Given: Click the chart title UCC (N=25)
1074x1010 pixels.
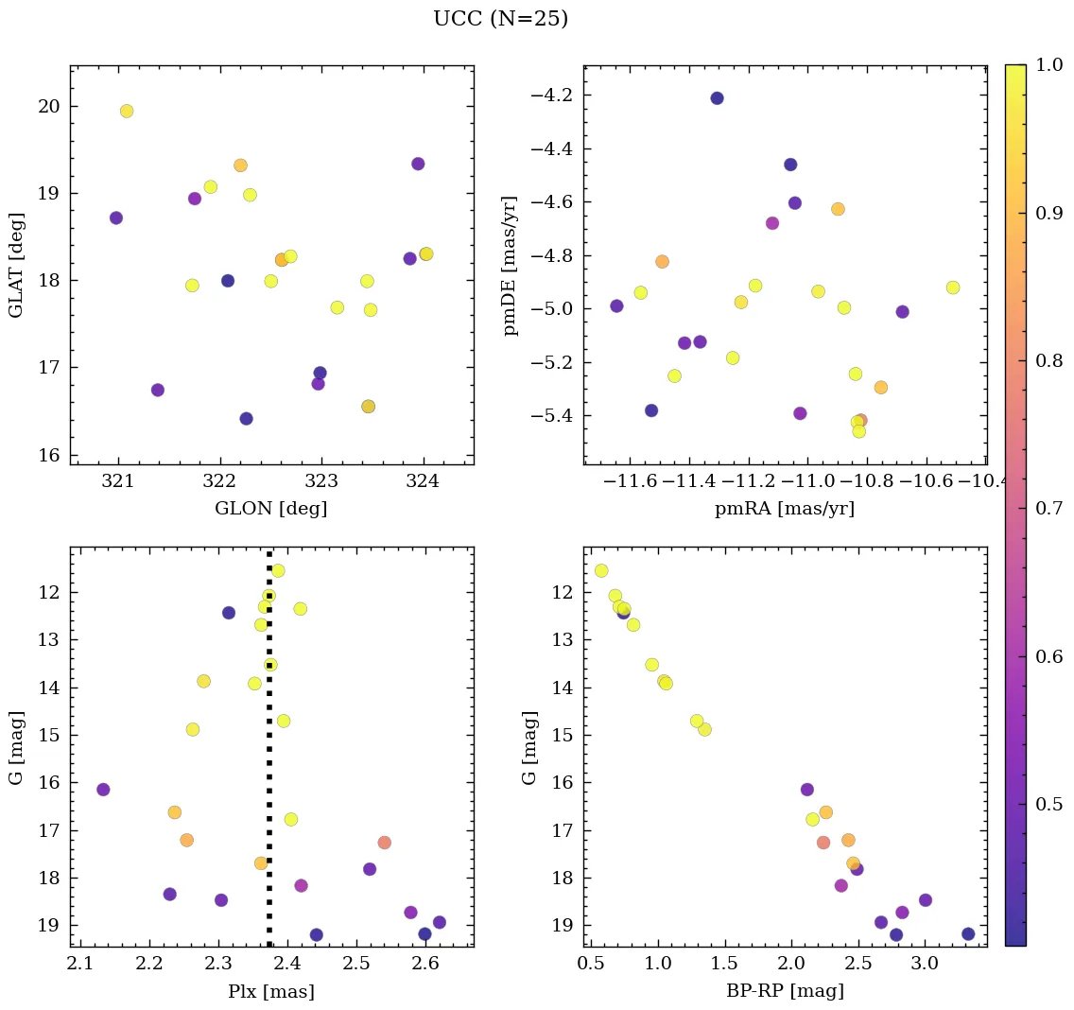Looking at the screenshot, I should click(500, 19).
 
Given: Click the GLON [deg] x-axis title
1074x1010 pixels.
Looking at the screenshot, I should click(271, 509).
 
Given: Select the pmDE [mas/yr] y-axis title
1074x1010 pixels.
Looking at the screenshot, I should click(511, 265).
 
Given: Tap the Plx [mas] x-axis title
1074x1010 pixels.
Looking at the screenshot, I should click(271, 991).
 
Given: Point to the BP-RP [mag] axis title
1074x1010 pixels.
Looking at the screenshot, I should click(785, 991).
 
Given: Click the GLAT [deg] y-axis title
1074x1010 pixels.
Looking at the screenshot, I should click(17, 265).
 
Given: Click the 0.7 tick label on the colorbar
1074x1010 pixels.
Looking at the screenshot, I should click(1047, 509).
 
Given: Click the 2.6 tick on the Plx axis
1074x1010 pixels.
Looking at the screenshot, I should click(424, 965).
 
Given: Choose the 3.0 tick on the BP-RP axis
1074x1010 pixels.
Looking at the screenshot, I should click(925, 965).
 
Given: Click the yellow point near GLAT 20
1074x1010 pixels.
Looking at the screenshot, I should click(127, 111).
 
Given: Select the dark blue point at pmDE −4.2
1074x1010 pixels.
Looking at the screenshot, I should click(717, 98).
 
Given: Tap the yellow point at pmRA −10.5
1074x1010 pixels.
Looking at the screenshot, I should click(953, 287).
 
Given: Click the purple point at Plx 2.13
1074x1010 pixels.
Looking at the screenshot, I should click(103, 790).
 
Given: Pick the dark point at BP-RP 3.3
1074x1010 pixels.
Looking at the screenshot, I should click(968, 934).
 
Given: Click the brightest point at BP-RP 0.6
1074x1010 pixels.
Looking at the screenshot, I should click(601, 570).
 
